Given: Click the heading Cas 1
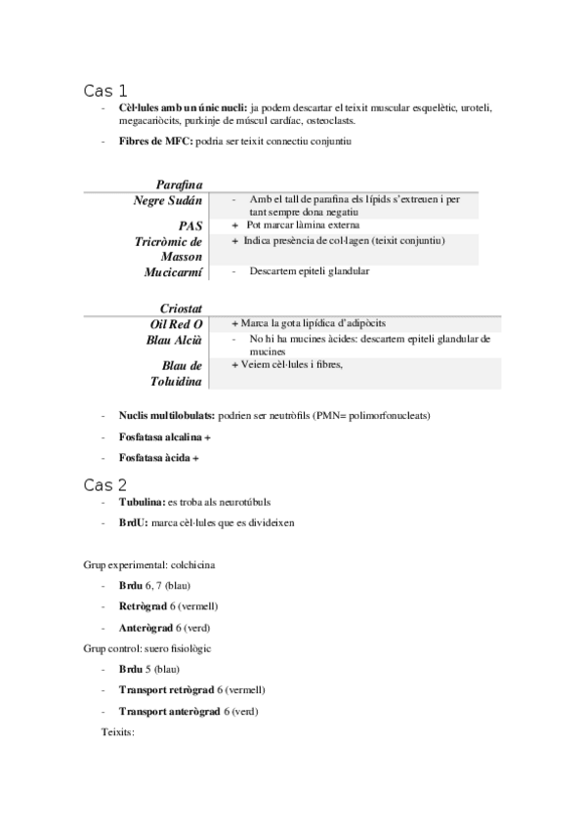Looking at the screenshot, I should pos(104,91).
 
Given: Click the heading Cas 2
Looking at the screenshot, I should pos(104,484).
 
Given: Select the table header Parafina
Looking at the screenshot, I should pos(179,184).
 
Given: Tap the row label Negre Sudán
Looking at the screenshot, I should pos(168,200).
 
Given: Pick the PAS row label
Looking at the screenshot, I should pos(190,225).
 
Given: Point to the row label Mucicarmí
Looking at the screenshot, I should pos(173,271).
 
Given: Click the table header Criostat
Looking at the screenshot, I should pos(181,308).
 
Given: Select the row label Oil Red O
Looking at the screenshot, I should pos(176,323).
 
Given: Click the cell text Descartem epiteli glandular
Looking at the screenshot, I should pos(309,271).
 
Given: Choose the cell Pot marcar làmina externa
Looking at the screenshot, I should pos(303,225).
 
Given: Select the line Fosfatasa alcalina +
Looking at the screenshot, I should pos(164,436).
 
